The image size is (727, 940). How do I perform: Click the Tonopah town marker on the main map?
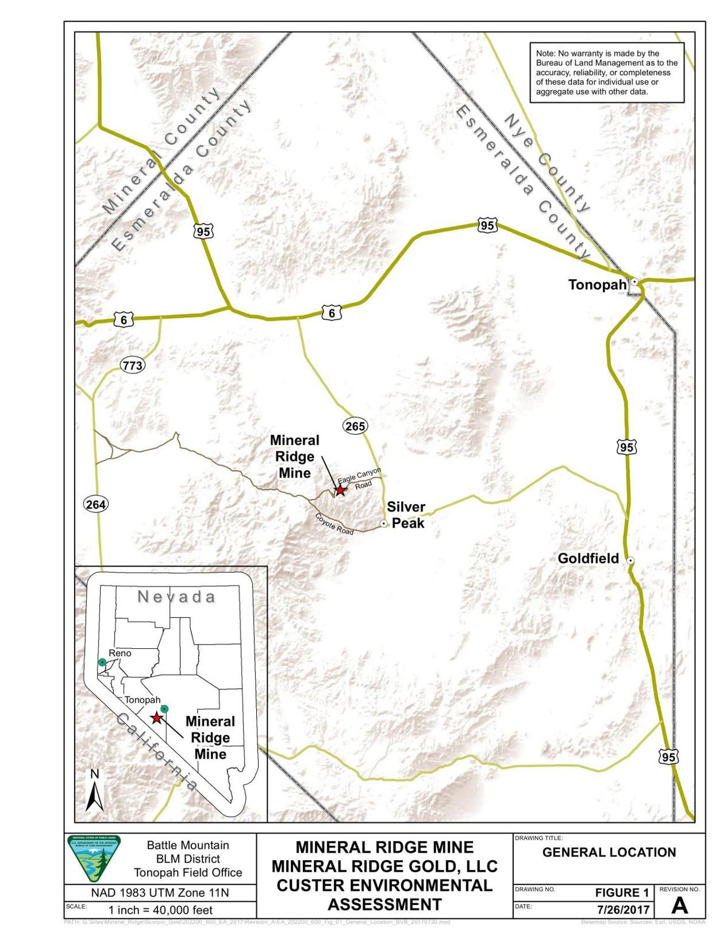(634, 281)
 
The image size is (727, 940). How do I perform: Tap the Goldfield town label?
(588, 559)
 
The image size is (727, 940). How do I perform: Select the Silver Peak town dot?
(383, 524)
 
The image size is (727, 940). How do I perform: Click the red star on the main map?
(340, 490)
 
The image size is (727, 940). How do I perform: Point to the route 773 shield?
(132, 366)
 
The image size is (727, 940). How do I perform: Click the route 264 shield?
(95, 504)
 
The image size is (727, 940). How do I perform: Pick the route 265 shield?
(355, 426)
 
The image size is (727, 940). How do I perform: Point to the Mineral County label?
(160, 151)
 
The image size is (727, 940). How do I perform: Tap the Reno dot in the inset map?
(102, 663)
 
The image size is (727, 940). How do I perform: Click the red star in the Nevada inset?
(156, 718)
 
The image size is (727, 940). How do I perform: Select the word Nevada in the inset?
(176, 597)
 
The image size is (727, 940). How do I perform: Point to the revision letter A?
(679, 905)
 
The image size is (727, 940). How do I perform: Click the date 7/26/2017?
(622, 910)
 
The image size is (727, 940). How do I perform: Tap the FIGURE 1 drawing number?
(622, 892)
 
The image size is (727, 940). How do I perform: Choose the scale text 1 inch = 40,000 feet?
(161, 910)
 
